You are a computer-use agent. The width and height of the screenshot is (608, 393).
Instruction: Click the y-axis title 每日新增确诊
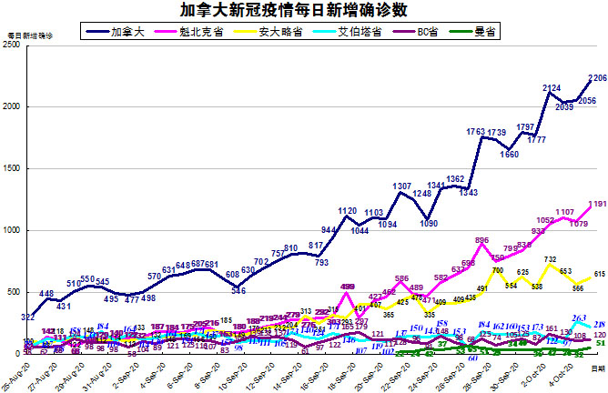(30, 35)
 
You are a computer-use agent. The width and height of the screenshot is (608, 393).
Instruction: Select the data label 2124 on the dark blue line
(552, 88)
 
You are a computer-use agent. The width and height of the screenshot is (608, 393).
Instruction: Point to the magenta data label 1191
(598, 205)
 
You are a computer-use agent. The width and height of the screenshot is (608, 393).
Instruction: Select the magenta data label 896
(482, 241)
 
